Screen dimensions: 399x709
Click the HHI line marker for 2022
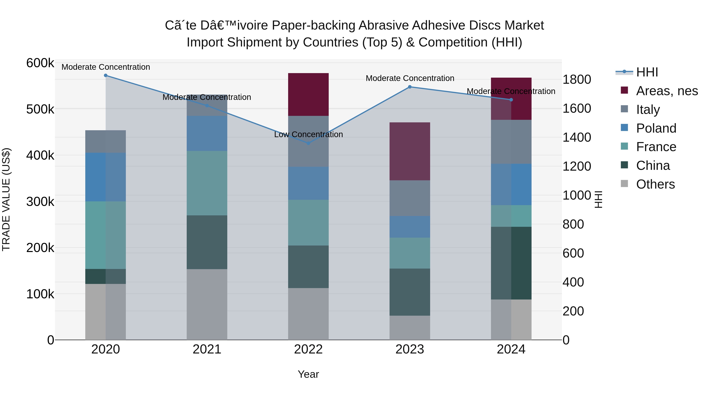point(308,143)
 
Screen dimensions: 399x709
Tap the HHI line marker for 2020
point(106,75)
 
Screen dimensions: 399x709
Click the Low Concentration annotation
point(308,135)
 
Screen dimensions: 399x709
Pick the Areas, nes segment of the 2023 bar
point(410,152)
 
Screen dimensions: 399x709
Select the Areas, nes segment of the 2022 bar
point(308,94)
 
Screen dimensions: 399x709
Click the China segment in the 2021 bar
point(207,242)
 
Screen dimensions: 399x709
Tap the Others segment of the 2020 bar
point(106,312)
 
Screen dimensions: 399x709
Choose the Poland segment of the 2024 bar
point(511,184)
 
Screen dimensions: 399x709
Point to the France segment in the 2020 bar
point(106,235)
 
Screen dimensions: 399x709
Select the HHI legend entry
point(647,72)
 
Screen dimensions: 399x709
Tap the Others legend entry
point(655,184)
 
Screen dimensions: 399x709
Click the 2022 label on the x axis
point(308,349)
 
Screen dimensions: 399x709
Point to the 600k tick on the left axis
point(40,63)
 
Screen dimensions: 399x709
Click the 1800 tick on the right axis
point(576,80)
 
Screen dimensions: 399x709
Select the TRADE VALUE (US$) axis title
point(6,199)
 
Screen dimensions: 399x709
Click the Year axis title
point(308,374)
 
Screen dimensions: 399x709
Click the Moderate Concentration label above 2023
point(410,78)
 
